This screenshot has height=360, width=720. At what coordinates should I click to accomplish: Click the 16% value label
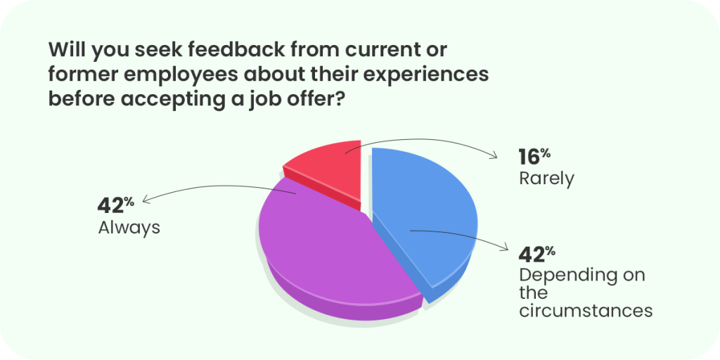(x=534, y=157)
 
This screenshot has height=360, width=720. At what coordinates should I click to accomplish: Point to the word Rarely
(x=546, y=179)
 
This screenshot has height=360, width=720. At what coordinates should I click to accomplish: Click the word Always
(x=129, y=227)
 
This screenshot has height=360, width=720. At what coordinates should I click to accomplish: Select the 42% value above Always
(x=116, y=206)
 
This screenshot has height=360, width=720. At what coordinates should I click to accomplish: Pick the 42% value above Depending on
(x=537, y=254)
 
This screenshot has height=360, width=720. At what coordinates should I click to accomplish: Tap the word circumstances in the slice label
(x=586, y=310)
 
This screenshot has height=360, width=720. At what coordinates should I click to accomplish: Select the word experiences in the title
(x=431, y=75)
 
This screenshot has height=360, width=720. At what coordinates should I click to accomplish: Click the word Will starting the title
(x=67, y=50)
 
